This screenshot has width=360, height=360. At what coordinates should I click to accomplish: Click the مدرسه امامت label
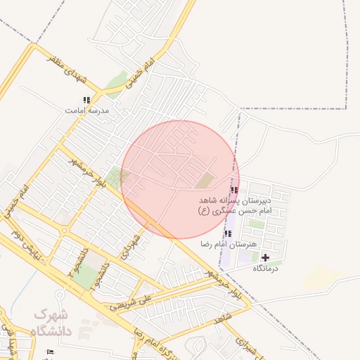pos(86,111)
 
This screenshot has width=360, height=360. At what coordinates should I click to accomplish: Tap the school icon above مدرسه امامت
pos(86,101)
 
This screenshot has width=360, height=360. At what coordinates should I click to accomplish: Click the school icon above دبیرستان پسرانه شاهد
pos(234,190)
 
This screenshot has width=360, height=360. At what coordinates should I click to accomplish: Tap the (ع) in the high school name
pos(204,211)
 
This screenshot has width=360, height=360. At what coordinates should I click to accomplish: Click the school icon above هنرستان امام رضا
pos(227,233)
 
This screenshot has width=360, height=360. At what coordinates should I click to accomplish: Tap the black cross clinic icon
pos(265,258)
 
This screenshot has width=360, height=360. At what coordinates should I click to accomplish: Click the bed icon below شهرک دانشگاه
pos(49,351)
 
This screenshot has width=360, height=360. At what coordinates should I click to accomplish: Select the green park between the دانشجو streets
pos(86,278)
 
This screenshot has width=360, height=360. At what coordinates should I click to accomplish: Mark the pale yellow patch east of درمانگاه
pos(323,275)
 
